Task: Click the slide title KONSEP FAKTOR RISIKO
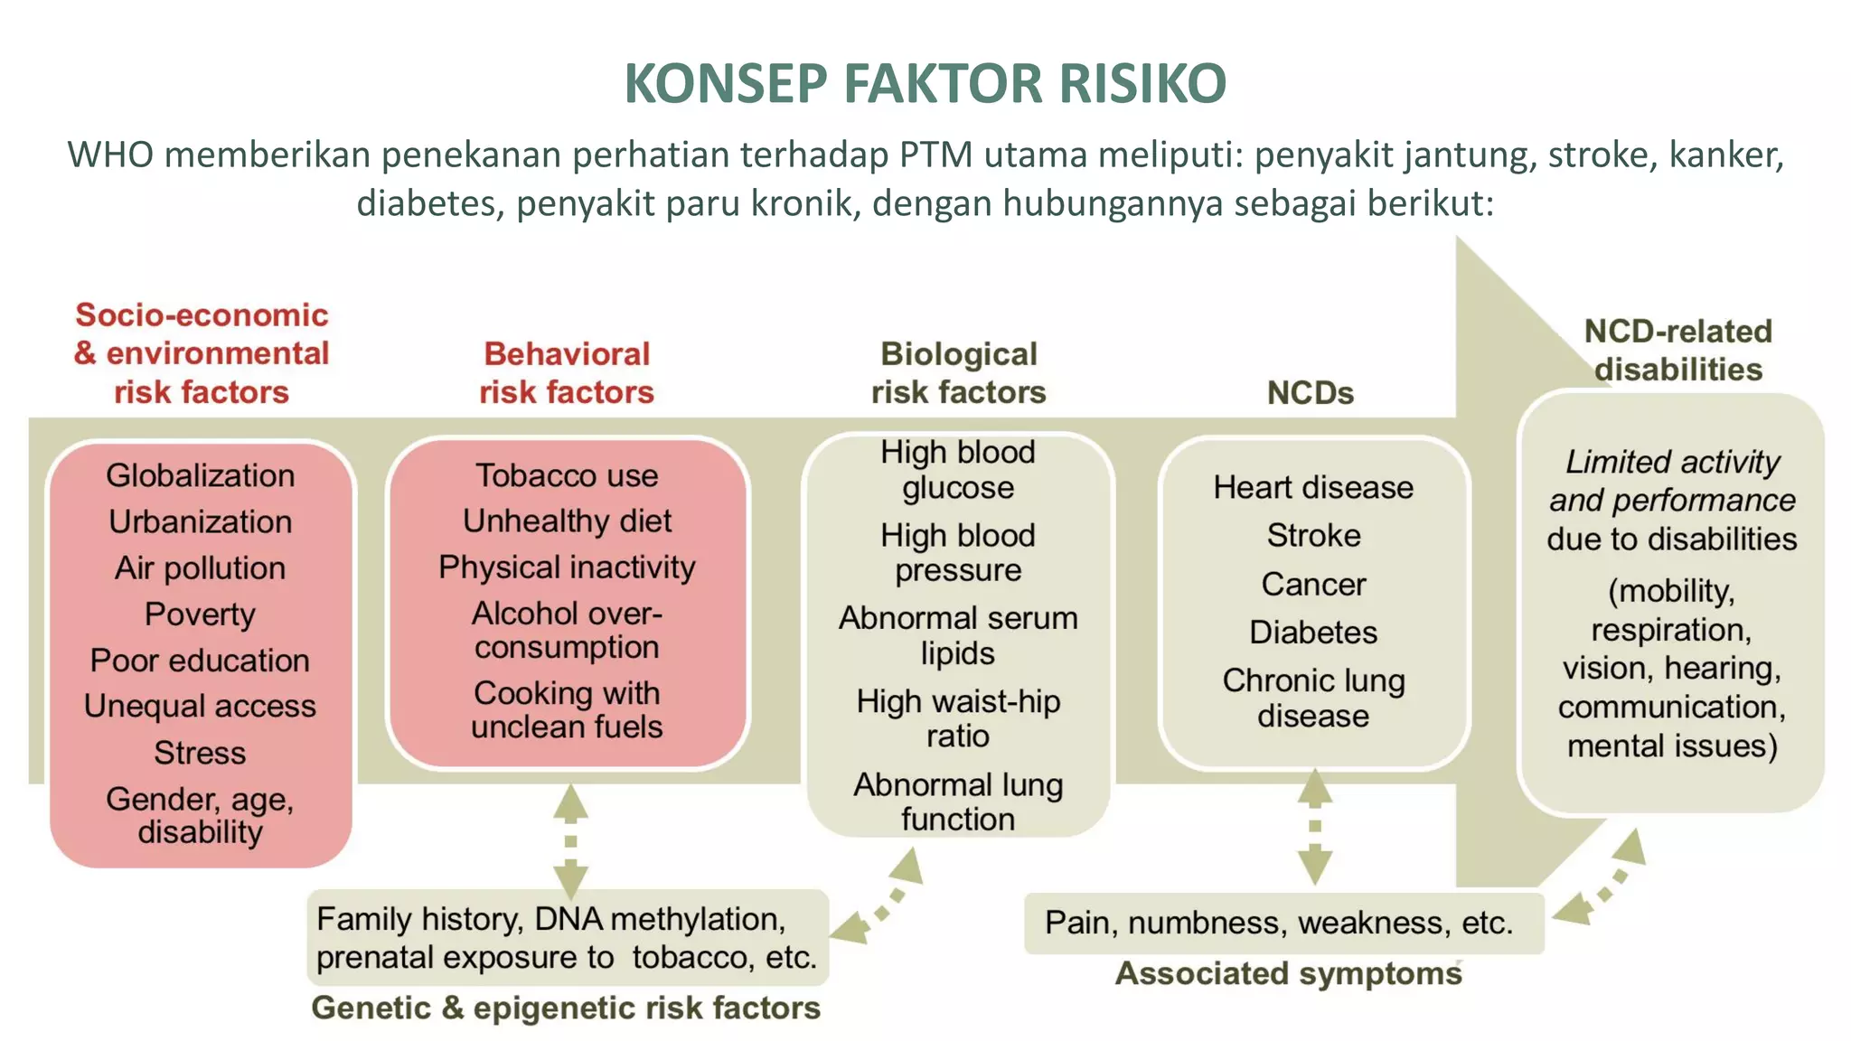click(x=925, y=83)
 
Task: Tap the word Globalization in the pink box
click(x=200, y=475)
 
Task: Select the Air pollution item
click(x=200, y=567)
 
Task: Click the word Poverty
click(x=200, y=614)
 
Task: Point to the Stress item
click(x=200, y=753)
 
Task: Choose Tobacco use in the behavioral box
click(x=567, y=475)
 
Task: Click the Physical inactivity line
click(x=567, y=567)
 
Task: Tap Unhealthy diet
click(x=567, y=521)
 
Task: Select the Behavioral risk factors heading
click(x=567, y=372)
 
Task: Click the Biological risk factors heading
click(x=958, y=372)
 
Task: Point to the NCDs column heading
click(x=1311, y=393)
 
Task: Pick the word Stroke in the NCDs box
click(x=1313, y=535)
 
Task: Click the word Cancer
click(x=1313, y=585)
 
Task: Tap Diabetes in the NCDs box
click(x=1313, y=633)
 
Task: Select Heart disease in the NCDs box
click(x=1313, y=487)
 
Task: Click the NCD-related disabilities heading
click(x=1677, y=350)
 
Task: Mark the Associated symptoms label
click(x=1288, y=973)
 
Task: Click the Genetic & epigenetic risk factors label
click(x=566, y=1008)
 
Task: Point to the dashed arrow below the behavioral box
click(x=570, y=840)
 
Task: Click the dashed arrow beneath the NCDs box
click(x=1315, y=827)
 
